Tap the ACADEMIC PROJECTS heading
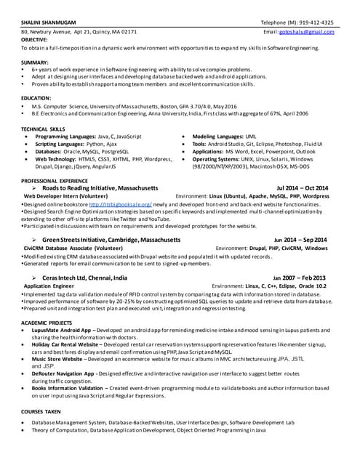click(x=47, y=321)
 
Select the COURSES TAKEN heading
click(x=41, y=411)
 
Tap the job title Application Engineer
click(x=49, y=286)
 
